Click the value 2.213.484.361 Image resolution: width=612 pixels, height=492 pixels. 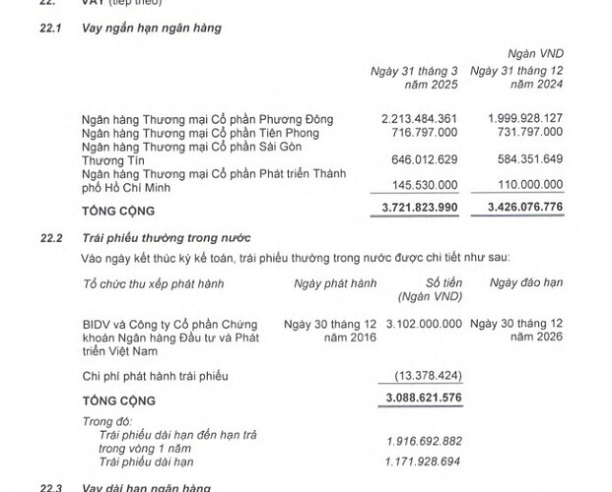(x=420, y=119)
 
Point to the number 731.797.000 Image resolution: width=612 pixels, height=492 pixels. (x=527, y=132)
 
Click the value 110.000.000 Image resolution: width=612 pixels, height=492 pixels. (x=527, y=184)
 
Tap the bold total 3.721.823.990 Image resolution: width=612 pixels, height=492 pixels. (x=420, y=210)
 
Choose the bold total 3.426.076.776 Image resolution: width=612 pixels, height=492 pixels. (x=523, y=210)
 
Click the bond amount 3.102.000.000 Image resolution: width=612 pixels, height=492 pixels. (x=424, y=322)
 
